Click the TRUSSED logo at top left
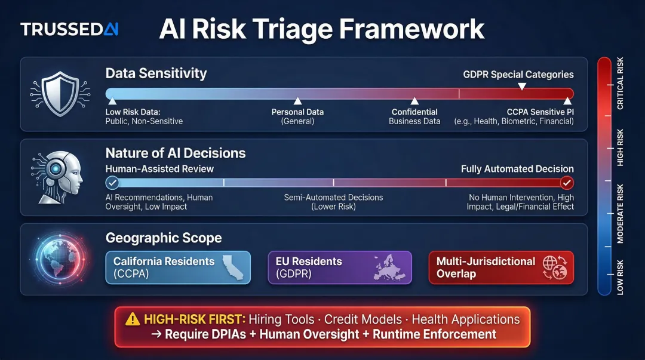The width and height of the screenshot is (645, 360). pyautogui.click(x=69, y=29)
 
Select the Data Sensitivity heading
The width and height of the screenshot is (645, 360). pyautogui.click(x=156, y=73)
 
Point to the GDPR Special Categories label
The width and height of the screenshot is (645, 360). pyautogui.click(x=518, y=75)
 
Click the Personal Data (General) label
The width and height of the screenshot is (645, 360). pyautogui.click(x=297, y=116)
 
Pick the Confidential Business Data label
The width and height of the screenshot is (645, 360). pyautogui.click(x=414, y=116)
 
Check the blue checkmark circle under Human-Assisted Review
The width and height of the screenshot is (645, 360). pyautogui.click(x=112, y=183)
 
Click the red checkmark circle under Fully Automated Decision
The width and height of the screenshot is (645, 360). pyautogui.click(x=567, y=183)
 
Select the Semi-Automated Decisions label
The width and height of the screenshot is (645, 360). pyautogui.click(x=333, y=202)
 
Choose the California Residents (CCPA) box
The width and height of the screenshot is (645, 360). pyautogui.click(x=178, y=267)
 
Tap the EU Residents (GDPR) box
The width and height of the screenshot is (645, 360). pyautogui.click(x=340, y=267)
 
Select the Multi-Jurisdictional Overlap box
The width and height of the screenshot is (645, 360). pyautogui.click(x=501, y=267)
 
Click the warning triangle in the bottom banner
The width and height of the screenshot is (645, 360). pyautogui.click(x=133, y=319)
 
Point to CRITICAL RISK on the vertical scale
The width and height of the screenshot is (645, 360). pyautogui.click(x=620, y=84)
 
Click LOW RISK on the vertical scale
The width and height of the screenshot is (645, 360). pyautogui.click(x=620, y=276)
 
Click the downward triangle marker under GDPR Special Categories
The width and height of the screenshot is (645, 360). pyautogui.click(x=521, y=87)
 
